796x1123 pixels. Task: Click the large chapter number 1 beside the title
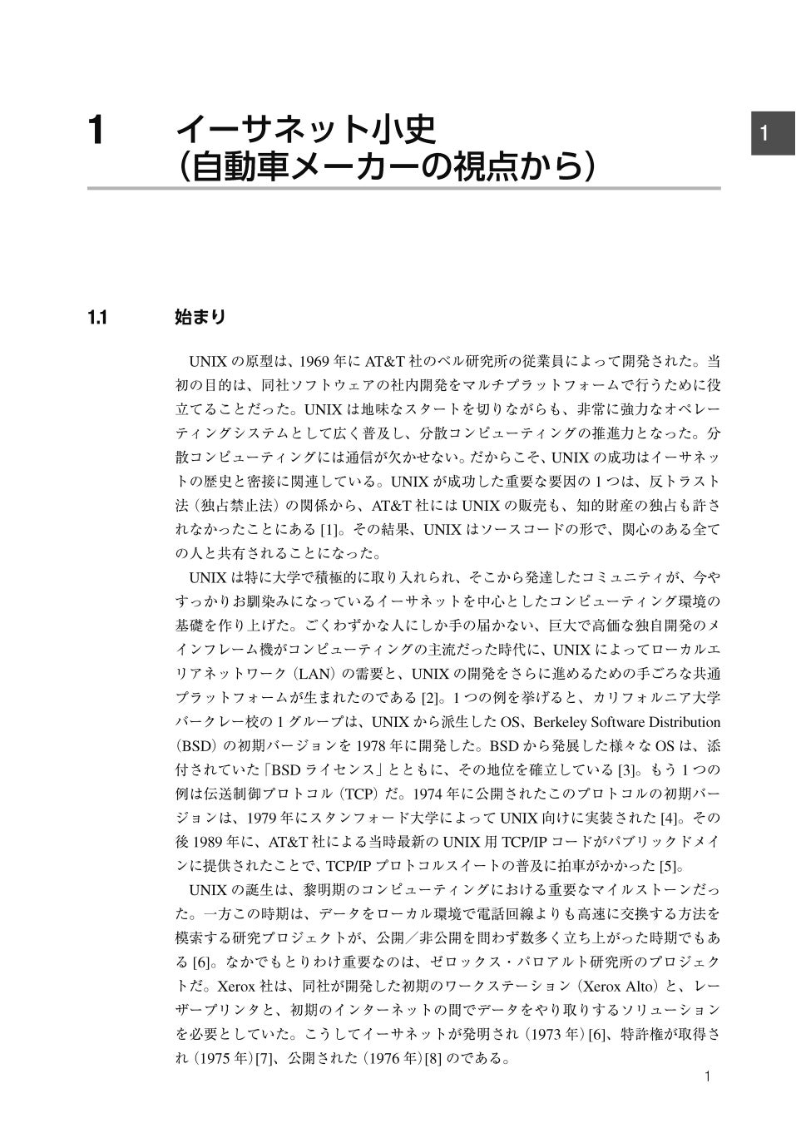tap(97, 131)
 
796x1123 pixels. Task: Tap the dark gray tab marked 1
tap(774, 133)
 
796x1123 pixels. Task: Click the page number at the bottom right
tap(707, 1076)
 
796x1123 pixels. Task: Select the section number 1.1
tap(98, 317)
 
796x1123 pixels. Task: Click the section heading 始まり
tap(200, 317)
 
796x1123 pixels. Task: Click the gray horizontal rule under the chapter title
tap(403, 189)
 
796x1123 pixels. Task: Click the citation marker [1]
tap(330, 529)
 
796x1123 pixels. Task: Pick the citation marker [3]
tap(628, 769)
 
